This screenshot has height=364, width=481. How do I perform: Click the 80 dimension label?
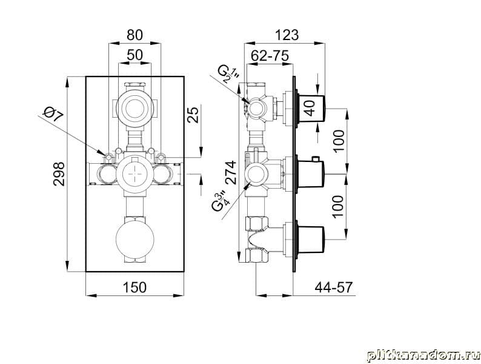tap(134, 35)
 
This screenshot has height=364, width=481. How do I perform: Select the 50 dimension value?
tap(134, 55)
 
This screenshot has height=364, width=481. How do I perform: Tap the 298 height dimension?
tap(59, 174)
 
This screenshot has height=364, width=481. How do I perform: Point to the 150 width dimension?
tap(134, 287)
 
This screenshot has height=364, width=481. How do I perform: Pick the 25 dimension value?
tap(193, 114)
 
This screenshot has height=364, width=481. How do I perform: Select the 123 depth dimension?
tap(286, 35)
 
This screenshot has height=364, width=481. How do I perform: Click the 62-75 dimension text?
tap(270, 56)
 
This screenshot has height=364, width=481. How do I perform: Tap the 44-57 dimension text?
tap(334, 287)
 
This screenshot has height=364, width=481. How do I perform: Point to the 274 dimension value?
tap(231, 172)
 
